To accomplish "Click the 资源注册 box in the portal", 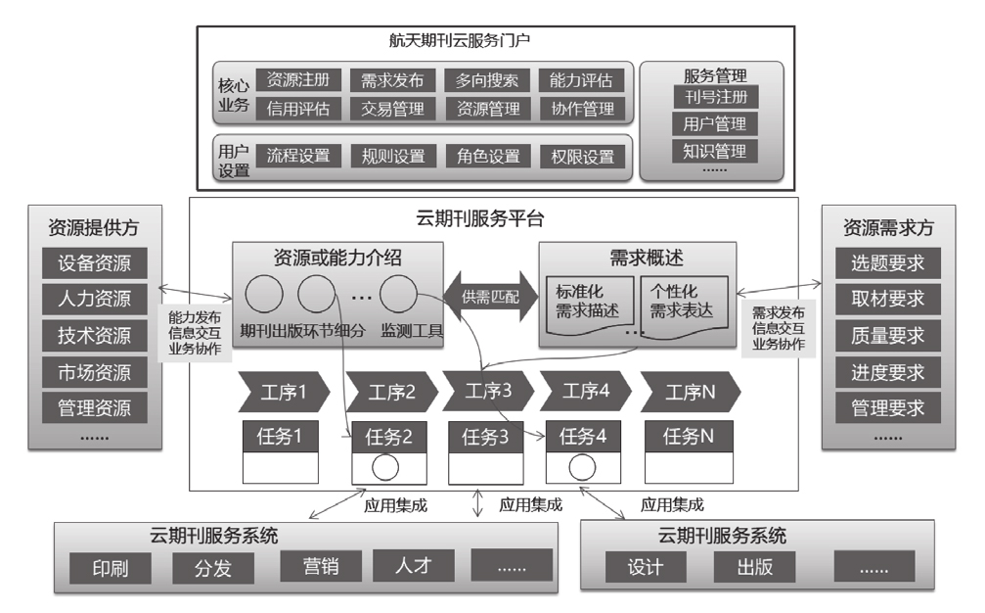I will [297, 79].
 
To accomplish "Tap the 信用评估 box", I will [297, 108].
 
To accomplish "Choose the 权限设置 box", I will [582, 157].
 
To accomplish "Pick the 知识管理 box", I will [710, 151].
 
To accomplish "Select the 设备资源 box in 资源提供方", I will [94, 262].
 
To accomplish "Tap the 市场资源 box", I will [94, 372].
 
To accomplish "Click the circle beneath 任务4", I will [581, 467].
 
